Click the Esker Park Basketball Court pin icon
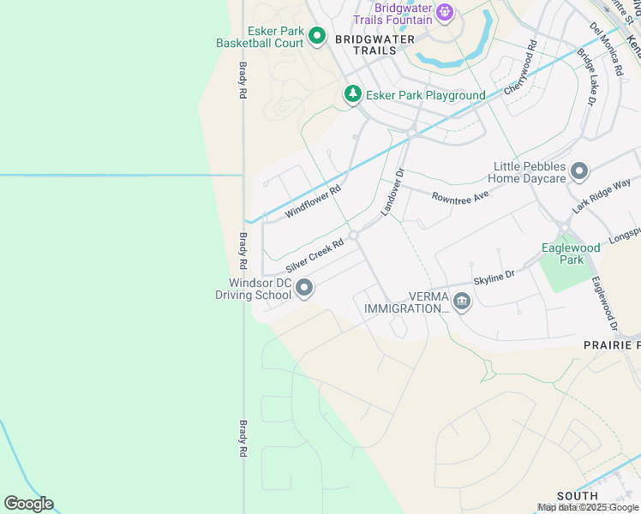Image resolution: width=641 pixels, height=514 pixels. pos(316,35)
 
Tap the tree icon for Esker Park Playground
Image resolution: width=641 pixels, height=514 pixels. pos(352,94)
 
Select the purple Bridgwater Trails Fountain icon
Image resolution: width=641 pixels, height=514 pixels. pos(444,12)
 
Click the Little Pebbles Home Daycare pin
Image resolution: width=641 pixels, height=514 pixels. pos(579,172)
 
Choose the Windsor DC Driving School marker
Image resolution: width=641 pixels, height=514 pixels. pos(304,290)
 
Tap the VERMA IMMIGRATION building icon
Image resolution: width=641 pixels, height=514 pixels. pos(462,302)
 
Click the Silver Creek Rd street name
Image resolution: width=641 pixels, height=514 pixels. pos(315,255)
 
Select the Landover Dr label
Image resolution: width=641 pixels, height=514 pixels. pos(392,192)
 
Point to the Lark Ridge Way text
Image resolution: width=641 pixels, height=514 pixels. pos(602,196)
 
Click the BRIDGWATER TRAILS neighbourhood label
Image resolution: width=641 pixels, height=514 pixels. pos(374,45)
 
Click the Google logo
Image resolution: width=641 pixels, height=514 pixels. pos(28,503)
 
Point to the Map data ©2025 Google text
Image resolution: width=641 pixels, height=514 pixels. pos(588,507)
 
